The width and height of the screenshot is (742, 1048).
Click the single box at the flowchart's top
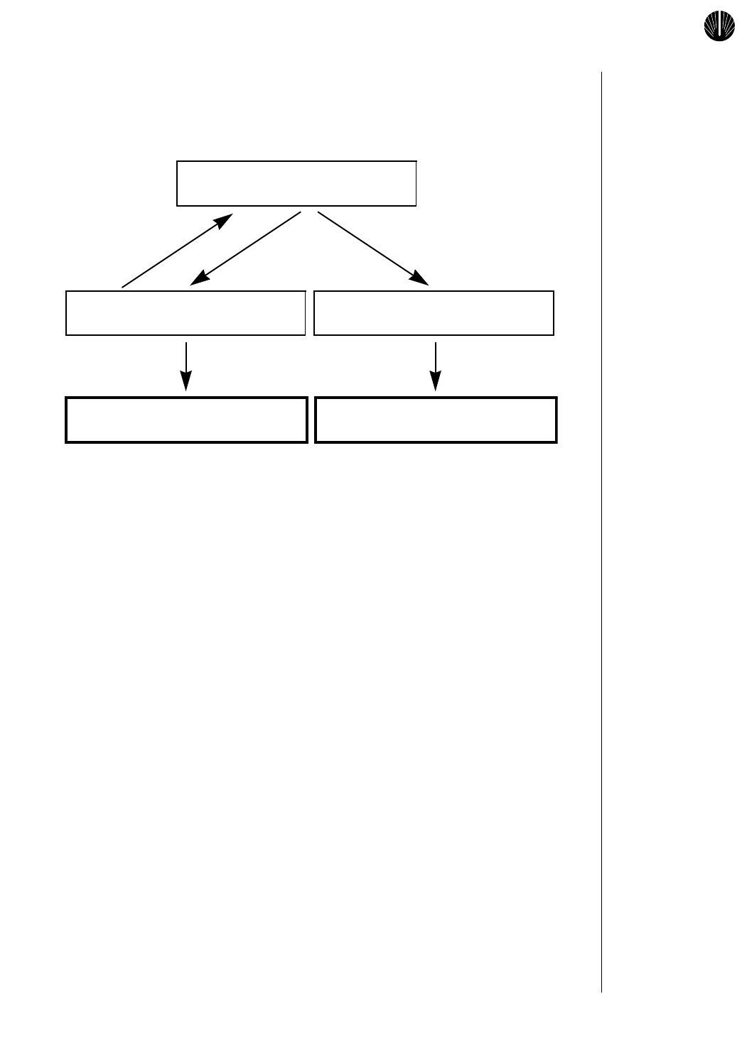296,183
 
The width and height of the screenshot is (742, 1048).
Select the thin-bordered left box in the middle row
185,312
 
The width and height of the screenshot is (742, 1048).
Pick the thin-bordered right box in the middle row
434,312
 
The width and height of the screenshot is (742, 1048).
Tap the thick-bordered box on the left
186,420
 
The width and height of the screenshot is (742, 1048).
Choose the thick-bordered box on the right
436,420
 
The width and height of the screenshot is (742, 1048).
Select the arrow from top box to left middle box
246,249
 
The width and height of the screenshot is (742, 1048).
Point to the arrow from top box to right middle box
373,249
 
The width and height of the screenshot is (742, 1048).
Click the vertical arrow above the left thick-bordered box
186,366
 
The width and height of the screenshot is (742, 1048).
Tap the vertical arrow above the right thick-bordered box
436,366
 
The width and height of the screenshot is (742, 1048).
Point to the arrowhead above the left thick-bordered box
186,383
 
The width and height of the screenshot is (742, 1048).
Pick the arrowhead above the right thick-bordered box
436,383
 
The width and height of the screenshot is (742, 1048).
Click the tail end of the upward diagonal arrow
124,286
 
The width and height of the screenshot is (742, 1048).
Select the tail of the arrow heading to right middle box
319,212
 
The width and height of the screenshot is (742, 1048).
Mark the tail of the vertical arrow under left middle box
186,344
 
